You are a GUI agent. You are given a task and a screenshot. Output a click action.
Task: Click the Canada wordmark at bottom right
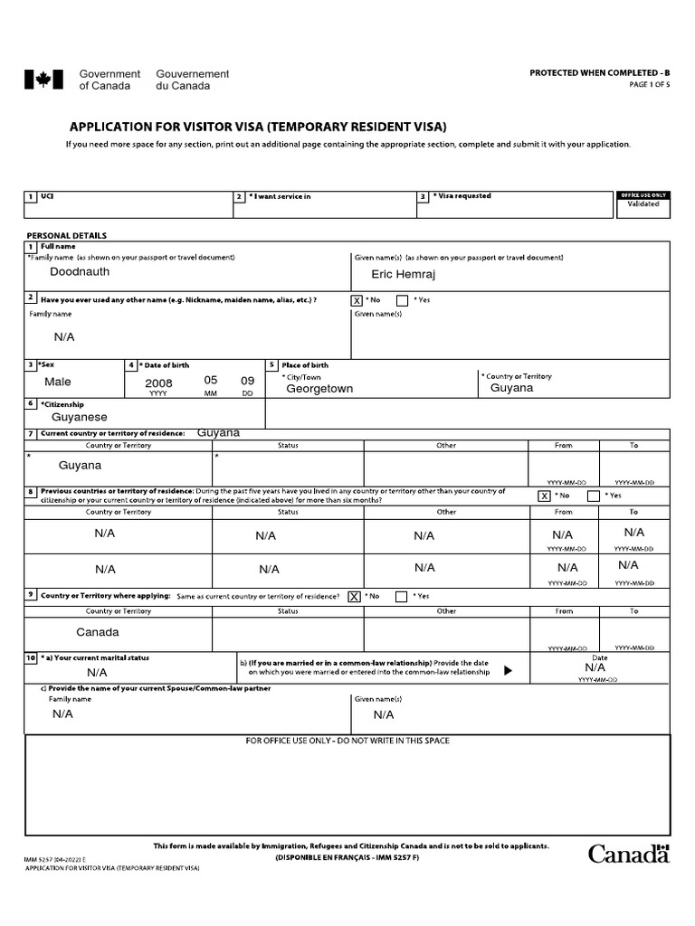[x=629, y=853]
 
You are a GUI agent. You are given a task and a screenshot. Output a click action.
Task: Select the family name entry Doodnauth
[x=80, y=271]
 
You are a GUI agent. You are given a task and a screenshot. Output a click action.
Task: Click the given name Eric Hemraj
[x=403, y=273]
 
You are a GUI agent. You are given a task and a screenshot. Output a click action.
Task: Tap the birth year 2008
[x=158, y=383]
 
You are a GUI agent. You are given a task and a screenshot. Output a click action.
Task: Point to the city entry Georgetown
[x=319, y=388]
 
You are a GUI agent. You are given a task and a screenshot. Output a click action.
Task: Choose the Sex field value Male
[x=58, y=382]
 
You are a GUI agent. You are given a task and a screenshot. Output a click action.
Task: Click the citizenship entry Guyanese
[x=80, y=417]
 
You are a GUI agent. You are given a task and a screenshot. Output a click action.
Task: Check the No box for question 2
[x=357, y=300]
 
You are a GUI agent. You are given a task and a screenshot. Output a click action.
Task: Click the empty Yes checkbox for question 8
[x=593, y=496]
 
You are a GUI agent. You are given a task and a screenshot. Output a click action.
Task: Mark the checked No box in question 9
[x=354, y=596]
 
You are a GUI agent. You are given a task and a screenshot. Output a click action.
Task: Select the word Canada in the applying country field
[x=98, y=632]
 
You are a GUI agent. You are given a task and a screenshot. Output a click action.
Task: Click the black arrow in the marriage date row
[x=508, y=671]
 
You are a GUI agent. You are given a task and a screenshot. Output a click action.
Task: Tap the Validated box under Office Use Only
[x=643, y=204]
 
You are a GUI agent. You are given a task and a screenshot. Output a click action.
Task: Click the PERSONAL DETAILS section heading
[x=66, y=235]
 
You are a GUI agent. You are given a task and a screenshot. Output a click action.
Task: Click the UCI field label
[x=48, y=195]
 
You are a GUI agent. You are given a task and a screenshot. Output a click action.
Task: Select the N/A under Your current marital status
[x=97, y=673]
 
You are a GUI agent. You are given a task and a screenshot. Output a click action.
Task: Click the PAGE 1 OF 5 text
[x=650, y=85]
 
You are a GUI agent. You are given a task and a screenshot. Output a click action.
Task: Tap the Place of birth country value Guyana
[x=511, y=387]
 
